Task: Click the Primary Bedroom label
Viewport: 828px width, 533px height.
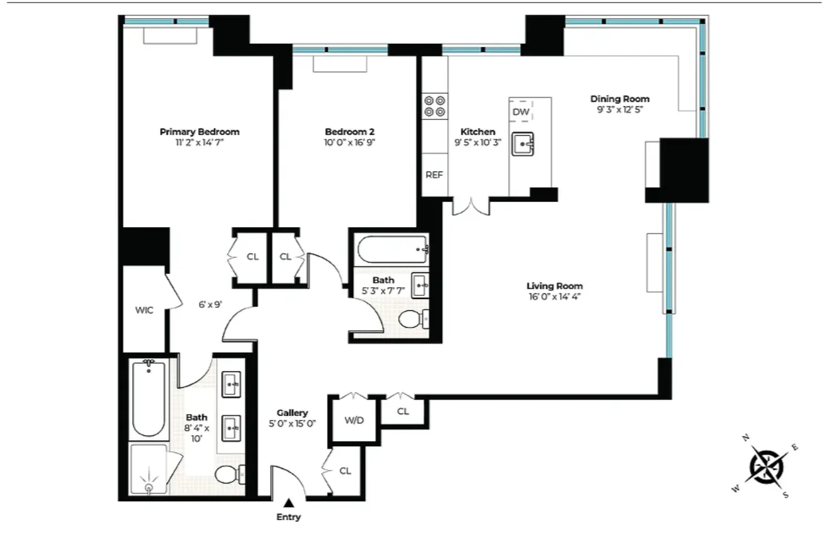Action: [199, 132]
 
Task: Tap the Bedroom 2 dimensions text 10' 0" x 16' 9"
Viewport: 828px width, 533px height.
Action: [349, 143]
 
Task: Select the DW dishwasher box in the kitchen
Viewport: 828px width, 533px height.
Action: [520, 112]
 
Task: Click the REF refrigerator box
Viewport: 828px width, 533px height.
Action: [434, 175]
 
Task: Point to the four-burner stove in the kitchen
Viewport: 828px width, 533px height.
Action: [435, 105]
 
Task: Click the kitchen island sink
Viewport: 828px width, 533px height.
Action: [522, 145]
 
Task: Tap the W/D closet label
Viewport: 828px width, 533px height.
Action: [354, 420]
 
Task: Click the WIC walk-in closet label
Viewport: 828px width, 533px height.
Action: [144, 310]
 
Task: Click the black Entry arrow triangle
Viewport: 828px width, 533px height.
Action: [288, 502]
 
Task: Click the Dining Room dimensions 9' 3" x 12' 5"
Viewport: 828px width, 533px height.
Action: [619, 109]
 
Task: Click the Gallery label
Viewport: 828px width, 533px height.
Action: [292, 413]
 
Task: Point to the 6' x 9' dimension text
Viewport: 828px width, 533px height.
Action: [207, 304]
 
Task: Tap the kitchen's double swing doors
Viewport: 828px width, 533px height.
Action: [470, 206]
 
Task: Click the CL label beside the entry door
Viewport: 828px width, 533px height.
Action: [345, 471]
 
